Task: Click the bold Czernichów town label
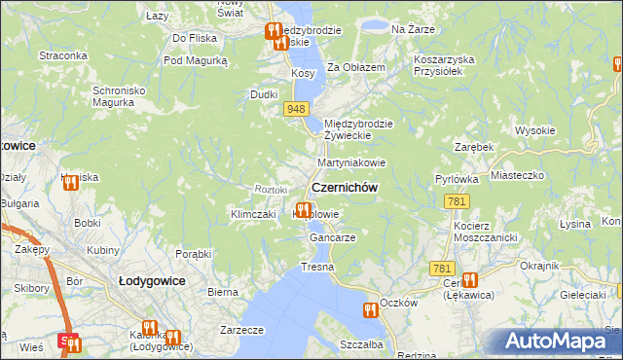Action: [344, 188]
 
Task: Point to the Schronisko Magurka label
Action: [119, 97]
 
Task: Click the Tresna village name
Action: [317, 267]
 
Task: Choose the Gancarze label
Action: [332, 237]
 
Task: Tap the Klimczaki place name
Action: [254, 214]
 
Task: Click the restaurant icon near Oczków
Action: [370, 310]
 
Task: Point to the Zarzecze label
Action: [242, 330]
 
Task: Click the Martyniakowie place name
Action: [351, 162]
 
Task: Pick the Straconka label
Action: [63, 55]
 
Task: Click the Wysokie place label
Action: [534, 130]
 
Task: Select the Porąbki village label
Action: [193, 254]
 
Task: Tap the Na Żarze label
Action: [411, 30]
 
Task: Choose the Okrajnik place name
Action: [539, 266]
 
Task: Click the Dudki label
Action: [265, 94]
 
